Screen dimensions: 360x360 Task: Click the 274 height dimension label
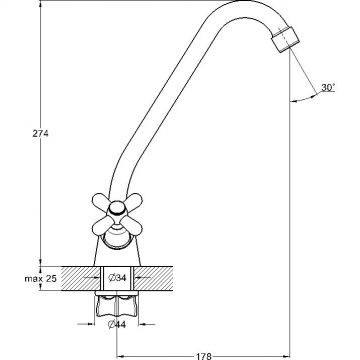(40, 134)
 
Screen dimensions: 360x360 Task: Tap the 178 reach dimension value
(203, 356)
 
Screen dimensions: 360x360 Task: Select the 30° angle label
(328, 88)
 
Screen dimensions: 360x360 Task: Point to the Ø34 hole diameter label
(117, 277)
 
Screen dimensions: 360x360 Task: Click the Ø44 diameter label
(117, 324)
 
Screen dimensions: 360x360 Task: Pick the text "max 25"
(40, 278)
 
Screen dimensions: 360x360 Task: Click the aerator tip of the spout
(285, 40)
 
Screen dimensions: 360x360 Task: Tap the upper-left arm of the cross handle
(102, 201)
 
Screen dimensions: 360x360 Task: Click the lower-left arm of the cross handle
(102, 226)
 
